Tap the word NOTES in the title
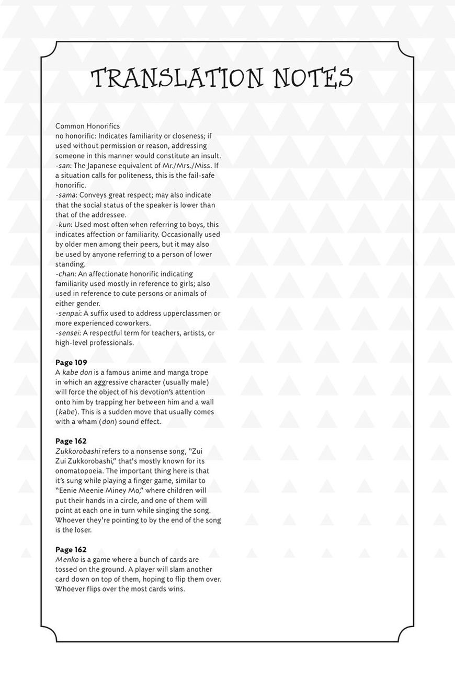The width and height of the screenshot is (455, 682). (313, 78)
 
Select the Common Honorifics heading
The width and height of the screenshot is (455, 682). (87, 126)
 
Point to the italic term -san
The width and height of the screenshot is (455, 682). (63, 166)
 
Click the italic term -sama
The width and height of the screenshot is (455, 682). (65, 195)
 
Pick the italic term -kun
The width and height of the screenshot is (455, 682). (63, 225)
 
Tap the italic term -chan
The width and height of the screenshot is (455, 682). (65, 274)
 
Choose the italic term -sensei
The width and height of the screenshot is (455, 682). (67, 333)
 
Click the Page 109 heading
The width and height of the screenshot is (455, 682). (71, 363)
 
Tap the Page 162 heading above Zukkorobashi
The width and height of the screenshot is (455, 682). (71, 441)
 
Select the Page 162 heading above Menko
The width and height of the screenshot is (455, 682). (71, 550)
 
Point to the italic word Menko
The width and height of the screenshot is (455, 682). (67, 560)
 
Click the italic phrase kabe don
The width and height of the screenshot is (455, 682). (77, 373)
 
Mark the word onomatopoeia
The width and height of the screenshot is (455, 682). (79, 471)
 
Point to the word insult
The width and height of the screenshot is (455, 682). (209, 156)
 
